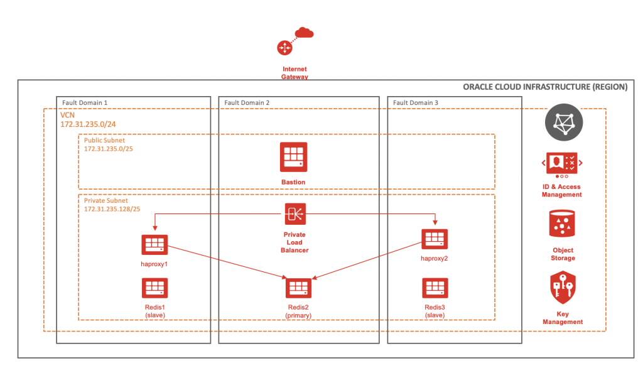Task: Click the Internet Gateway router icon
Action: [x=284, y=48]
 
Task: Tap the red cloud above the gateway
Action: [x=304, y=32]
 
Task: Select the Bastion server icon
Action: [x=293, y=157]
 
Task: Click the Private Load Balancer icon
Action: [x=294, y=214]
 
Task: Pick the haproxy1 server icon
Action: [x=154, y=245]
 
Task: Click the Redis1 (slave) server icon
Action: [x=154, y=288]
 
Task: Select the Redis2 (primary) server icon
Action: [x=298, y=288]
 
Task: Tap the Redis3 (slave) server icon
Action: [x=435, y=288]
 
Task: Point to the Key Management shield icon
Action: [x=562, y=288]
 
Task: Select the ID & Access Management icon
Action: [x=562, y=163]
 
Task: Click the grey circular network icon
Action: [x=564, y=122]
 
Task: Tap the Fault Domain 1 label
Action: [x=85, y=102]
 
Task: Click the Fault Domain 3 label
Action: [x=416, y=102]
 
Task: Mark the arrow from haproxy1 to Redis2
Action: [x=226, y=262]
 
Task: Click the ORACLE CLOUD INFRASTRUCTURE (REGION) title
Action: [x=544, y=87]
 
